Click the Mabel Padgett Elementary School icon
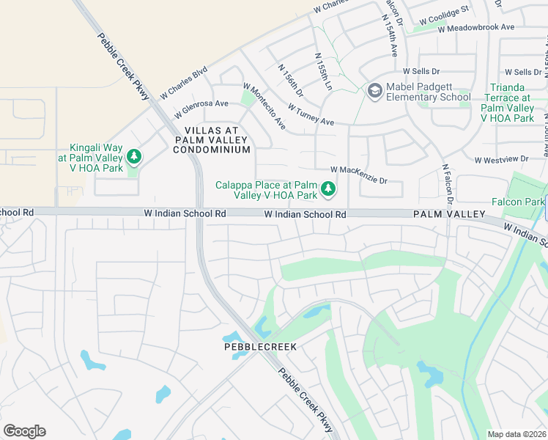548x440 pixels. coord(374,90)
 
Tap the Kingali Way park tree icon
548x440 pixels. coord(133,156)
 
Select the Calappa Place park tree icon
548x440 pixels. coord(328,189)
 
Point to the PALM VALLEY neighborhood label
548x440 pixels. coord(449,214)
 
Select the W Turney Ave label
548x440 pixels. coord(311,114)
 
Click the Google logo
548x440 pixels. coord(24,431)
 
